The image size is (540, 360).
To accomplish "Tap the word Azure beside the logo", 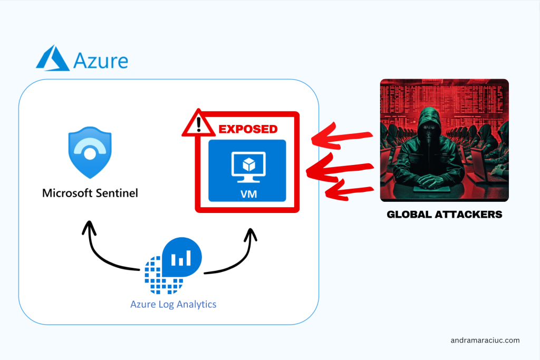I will (x=100, y=60).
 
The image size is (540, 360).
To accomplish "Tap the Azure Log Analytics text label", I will (x=173, y=304).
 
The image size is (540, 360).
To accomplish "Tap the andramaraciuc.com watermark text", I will (x=485, y=340).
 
